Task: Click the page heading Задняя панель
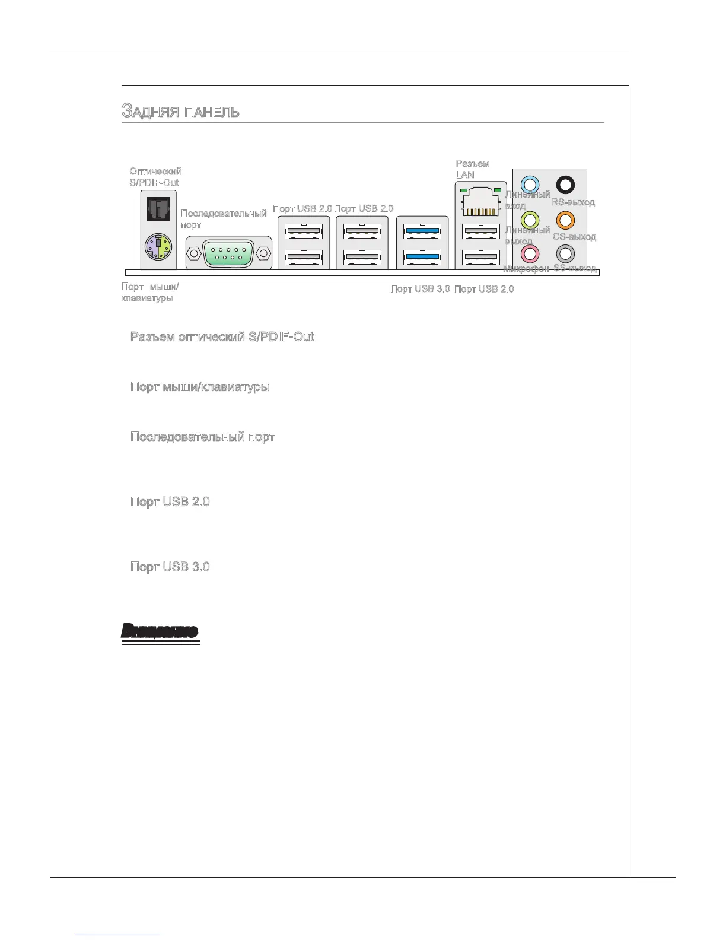[x=180, y=111]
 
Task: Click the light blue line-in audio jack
[x=530, y=184]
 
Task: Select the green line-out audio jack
[x=530, y=220]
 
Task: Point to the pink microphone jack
[x=530, y=254]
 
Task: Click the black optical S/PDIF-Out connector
[x=158, y=208]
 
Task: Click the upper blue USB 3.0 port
[x=422, y=231]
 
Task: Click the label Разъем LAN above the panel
[x=472, y=169]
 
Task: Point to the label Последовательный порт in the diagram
[x=223, y=219]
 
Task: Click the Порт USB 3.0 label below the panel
[x=419, y=289]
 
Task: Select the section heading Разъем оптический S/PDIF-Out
[x=222, y=337]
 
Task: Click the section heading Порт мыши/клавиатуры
[x=200, y=387]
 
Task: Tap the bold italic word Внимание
[x=160, y=631]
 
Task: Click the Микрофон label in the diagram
[x=526, y=268]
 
